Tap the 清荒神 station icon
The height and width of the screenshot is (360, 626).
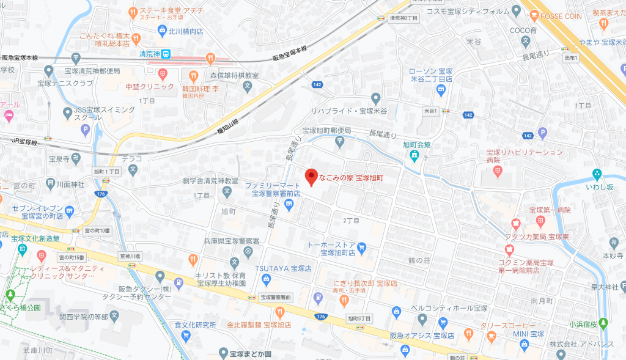pyautogui.click(x=166, y=54)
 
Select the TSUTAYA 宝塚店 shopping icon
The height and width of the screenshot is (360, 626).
pyautogui.click(x=266, y=279)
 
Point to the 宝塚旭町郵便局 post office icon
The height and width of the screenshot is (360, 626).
pyautogui.click(x=340, y=142)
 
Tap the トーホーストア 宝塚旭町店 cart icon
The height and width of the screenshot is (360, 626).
pyautogui.click(x=361, y=248)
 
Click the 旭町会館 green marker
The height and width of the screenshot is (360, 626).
pyautogui.click(x=414, y=156)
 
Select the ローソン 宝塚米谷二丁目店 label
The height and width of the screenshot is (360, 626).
pyautogui.click(x=431, y=75)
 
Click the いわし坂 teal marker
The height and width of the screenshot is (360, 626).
pyautogui.click(x=597, y=173)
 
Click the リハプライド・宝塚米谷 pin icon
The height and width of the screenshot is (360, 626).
pyautogui.click(x=376, y=98)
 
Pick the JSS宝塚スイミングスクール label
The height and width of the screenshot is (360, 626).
pyautogui.click(x=104, y=113)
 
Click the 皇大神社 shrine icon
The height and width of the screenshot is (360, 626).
pyautogui.click(x=623, y=285)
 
